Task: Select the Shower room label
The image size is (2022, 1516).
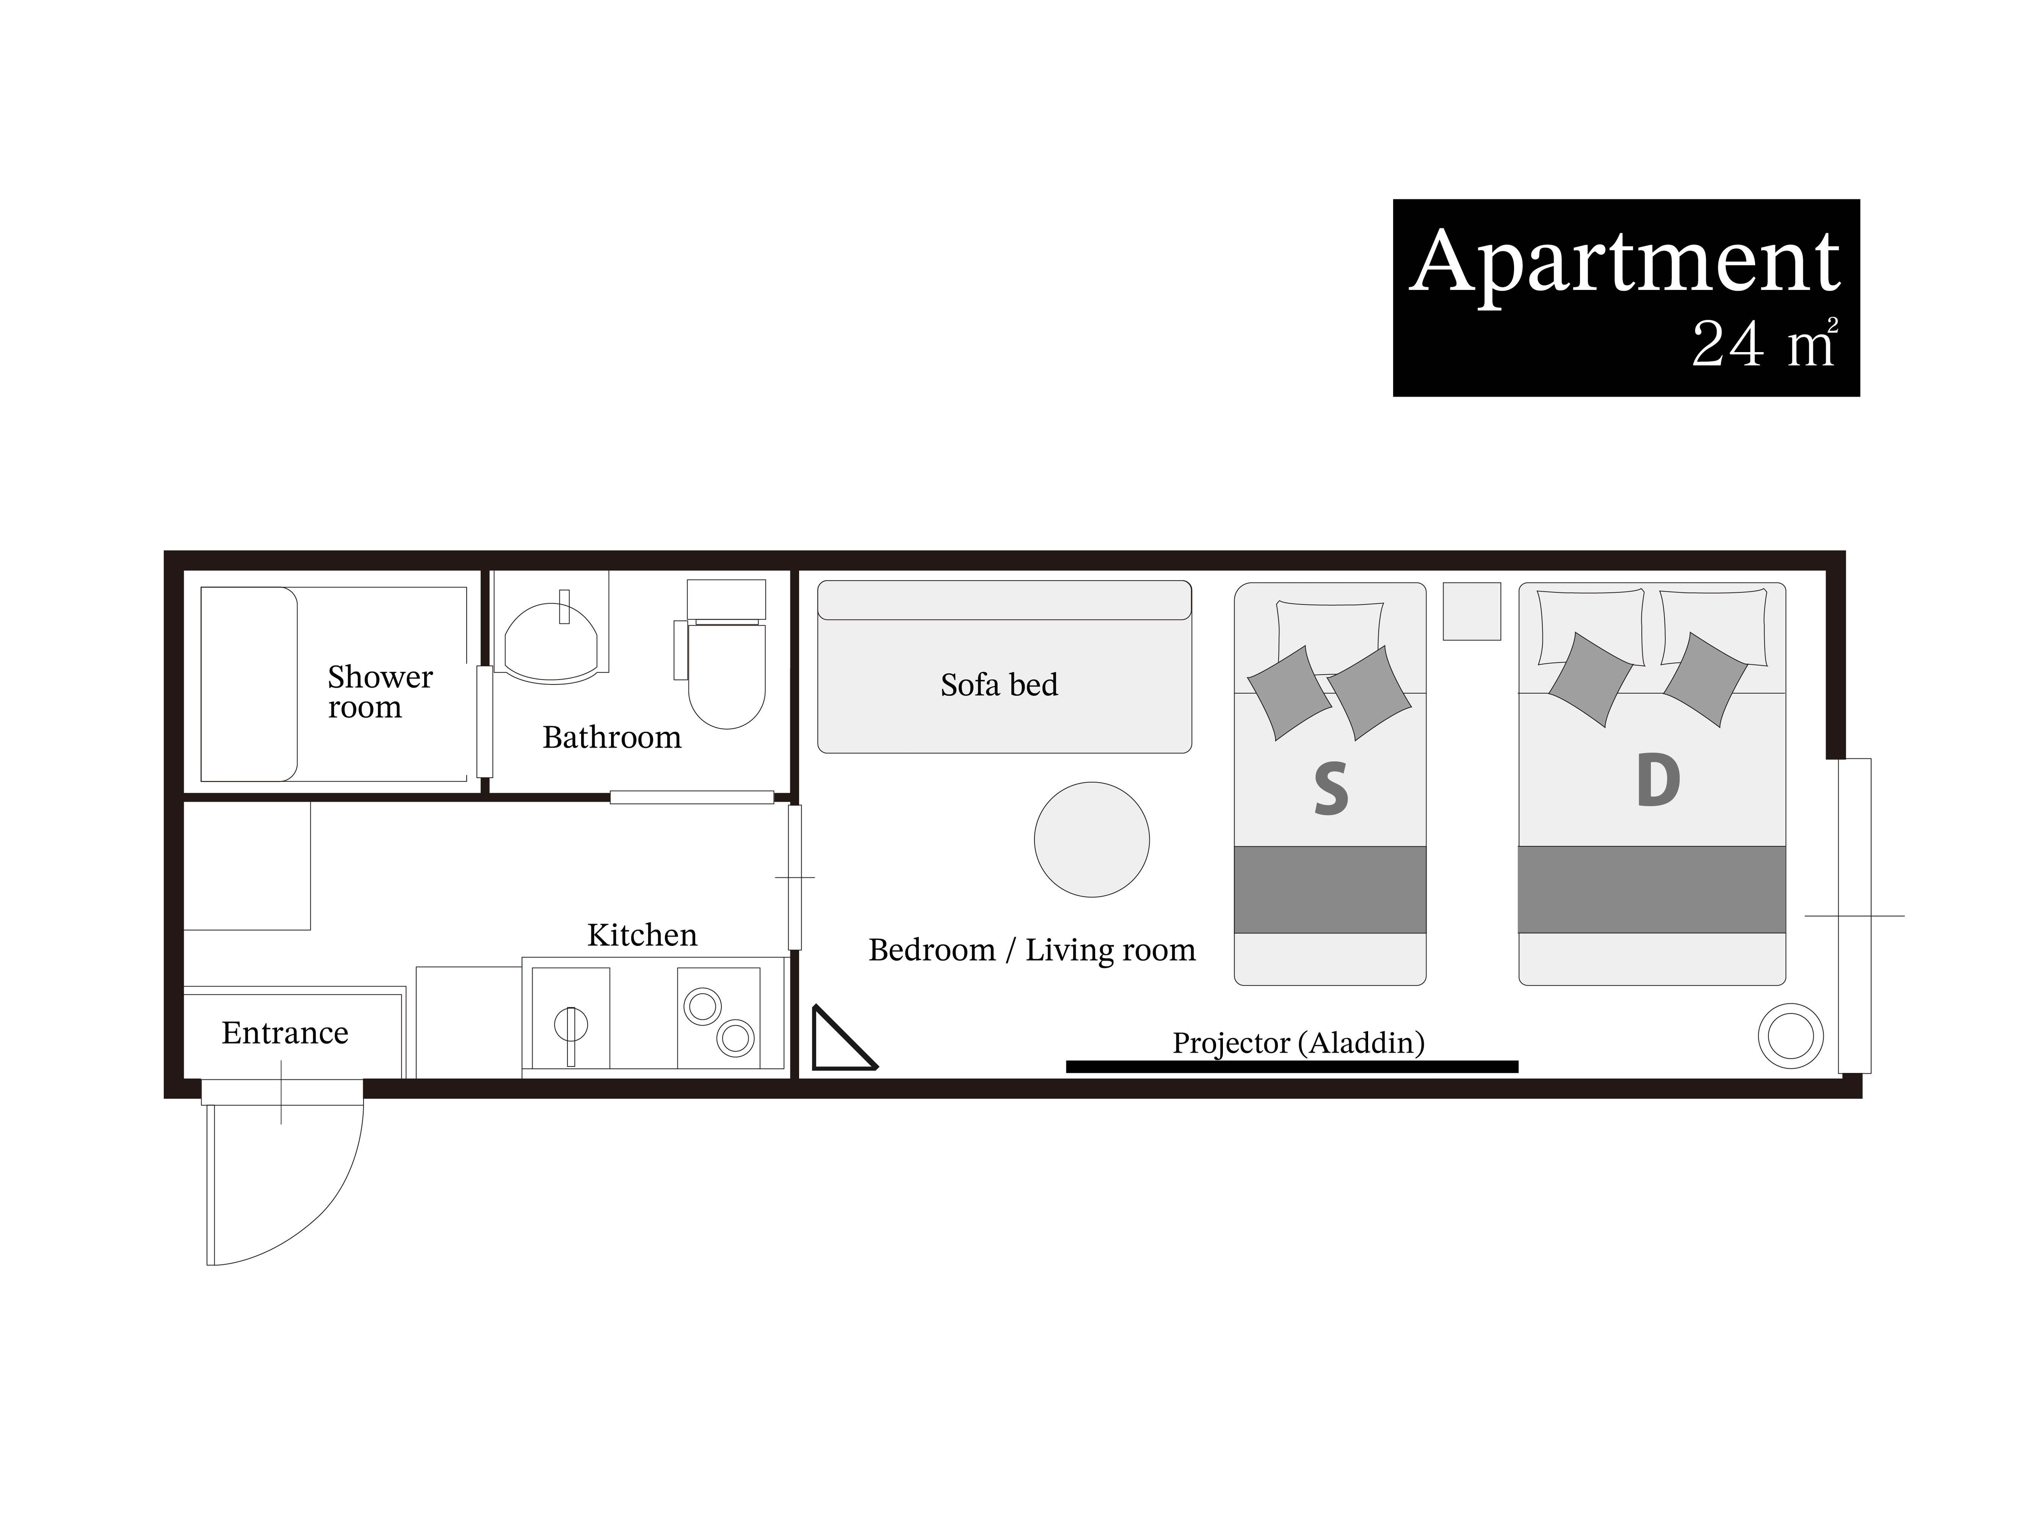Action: point(379,692)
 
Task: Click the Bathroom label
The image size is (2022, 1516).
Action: point(611,737)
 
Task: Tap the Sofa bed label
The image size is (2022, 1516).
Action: point(999,684)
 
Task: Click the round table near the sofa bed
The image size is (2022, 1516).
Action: point(1091,839)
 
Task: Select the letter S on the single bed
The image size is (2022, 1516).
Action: point(1331,790)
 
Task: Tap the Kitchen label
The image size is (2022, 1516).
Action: point(642,935)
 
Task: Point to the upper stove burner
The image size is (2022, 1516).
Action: point(703,1007)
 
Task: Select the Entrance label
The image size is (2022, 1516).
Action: point(285,1032)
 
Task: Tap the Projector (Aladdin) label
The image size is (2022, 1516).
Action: point(1298,1043)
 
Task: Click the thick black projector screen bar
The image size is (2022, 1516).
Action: point(1292,1066)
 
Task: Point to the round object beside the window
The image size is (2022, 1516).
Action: point(1791,1036)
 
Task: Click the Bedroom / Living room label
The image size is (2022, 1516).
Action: point(1032,950)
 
